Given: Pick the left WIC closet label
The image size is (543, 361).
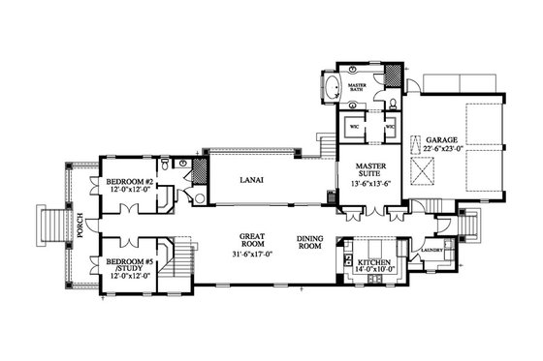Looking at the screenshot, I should [355, 126].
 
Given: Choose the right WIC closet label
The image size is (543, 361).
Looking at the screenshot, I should [389, 126].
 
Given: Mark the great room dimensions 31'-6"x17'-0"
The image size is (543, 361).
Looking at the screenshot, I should [253, 256].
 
